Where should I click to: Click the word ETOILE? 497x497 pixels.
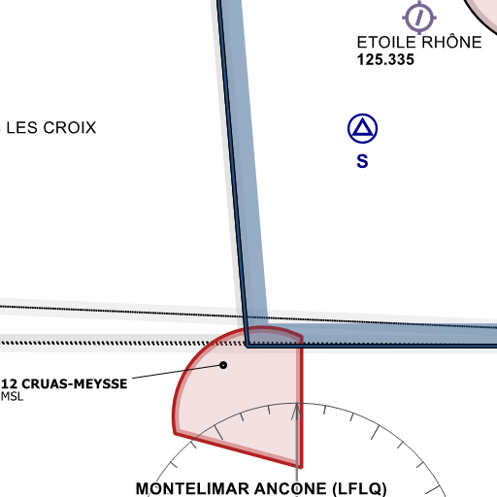coord(386,43)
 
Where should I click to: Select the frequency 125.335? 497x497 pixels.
coord(385,60)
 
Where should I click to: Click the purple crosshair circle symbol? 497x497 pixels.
coord(419,17)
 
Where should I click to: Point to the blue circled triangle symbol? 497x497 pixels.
coord(362,128)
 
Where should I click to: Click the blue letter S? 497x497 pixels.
coord(362,161)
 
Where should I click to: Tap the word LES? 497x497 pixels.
coord(22,127)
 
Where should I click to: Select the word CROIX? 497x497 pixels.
coord(70,127)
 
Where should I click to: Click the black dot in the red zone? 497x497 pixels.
coord(223,365)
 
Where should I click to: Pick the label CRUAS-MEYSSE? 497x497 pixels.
coord(75,383)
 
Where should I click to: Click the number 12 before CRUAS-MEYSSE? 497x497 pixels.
coord(9,383)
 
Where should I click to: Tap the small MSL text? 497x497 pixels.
coord(12,396)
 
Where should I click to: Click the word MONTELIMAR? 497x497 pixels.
coord(192,488)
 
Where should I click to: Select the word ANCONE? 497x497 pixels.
coord(290,488)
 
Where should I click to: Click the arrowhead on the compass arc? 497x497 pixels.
coord(297,412)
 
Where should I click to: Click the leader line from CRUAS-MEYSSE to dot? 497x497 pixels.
coord(177,372)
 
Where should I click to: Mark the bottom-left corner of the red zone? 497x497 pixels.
coord(175,433)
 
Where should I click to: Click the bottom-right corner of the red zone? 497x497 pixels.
coord(301,467)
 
